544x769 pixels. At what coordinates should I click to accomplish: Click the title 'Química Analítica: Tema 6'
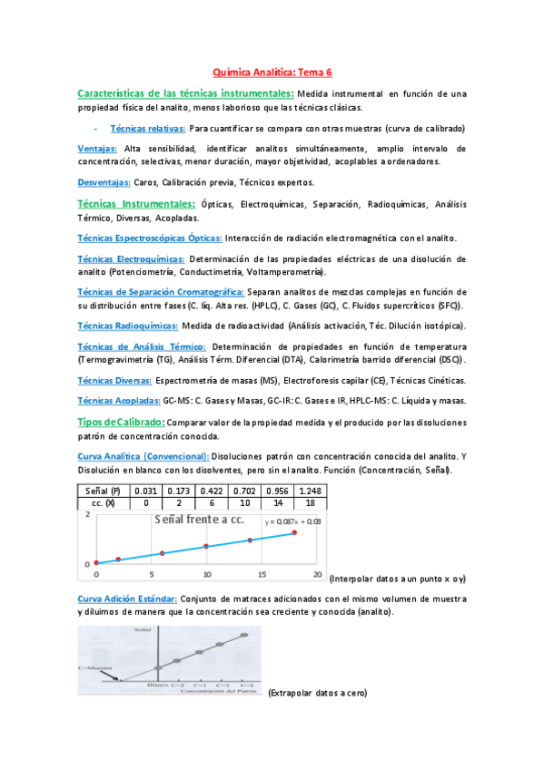point(272,71)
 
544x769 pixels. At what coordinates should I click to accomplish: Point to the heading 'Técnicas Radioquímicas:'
point(128,325)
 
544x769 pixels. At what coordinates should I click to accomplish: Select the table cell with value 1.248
point(309,490)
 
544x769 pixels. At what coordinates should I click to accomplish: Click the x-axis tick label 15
point(262,575)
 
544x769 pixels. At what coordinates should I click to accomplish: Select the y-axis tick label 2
point(87,515)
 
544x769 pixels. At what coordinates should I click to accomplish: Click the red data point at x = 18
point(294,533)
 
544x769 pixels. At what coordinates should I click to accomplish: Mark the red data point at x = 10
point(206,546)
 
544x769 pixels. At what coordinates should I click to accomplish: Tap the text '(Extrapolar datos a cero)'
point(316,693)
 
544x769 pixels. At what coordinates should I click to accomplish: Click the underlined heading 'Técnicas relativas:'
point(148,128)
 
